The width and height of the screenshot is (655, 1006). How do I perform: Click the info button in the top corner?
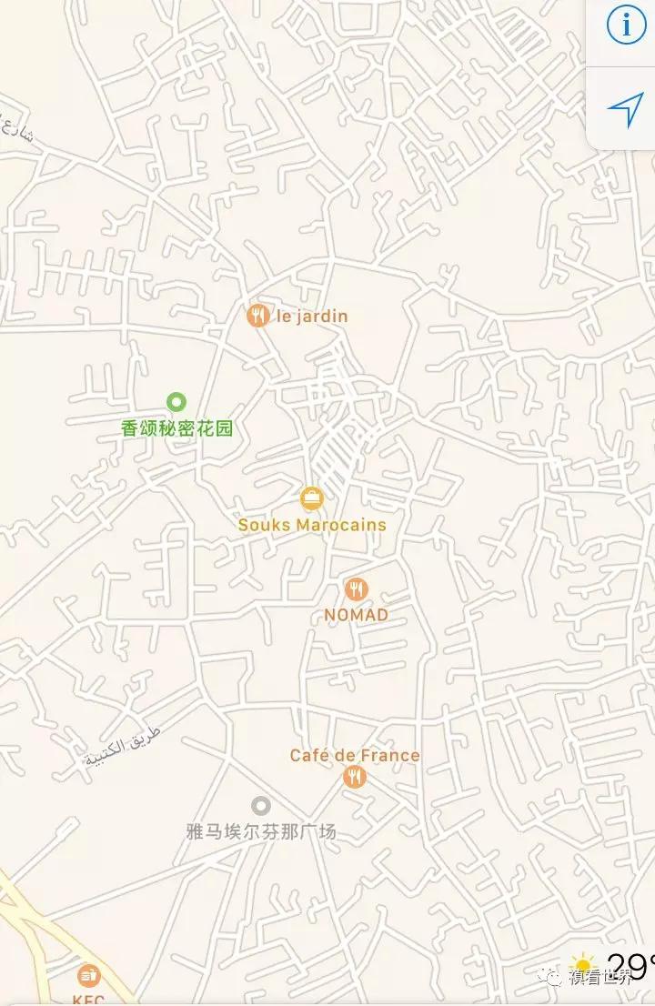[x=626, y=25]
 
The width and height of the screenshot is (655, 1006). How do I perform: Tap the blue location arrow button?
[x=625, y=110]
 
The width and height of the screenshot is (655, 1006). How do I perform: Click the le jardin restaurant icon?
[x=258, y=316]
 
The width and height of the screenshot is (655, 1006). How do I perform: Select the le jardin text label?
[x=312, y=317]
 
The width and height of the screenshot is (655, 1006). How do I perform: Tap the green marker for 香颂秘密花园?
[x=176, y=401]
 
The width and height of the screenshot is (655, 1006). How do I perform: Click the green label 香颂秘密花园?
[x=177, y=428]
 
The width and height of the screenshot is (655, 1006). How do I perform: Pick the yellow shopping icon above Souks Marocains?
[x=311, y=498]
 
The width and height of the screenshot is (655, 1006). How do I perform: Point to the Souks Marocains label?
[x=312, y=525]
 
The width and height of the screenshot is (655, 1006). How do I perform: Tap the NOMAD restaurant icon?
[x=356, y=589]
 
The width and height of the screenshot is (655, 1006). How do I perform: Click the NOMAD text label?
[x=356, y=615]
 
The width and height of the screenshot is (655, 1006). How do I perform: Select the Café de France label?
[x=355, y=755]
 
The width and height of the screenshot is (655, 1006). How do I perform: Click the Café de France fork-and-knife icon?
[x=354, y=777]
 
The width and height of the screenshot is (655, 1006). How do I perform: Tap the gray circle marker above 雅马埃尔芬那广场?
[x=261, y=805]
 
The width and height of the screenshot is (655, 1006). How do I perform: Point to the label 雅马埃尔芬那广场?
[x=261, y=830]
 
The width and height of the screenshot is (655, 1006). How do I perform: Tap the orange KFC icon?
[x=88, y=976]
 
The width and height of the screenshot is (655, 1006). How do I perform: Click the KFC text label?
[x=88, y=1000]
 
